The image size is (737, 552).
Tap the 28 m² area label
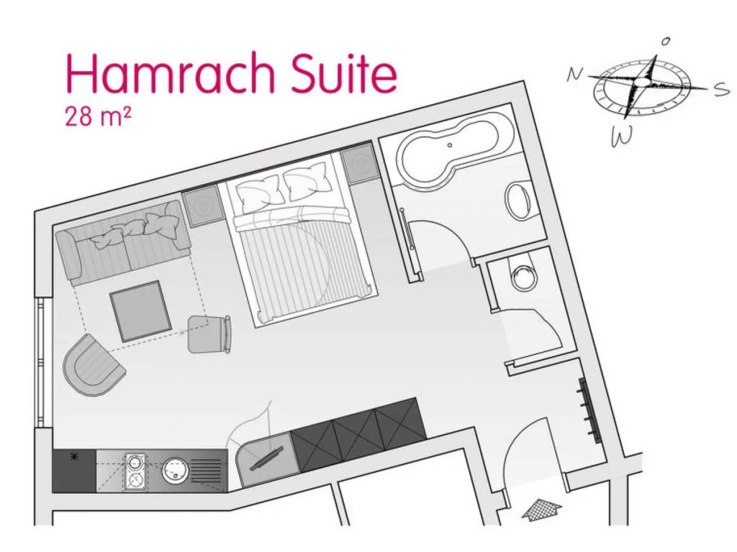(98, 116)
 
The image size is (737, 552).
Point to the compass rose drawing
(642, 88)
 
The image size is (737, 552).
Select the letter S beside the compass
(720, 89)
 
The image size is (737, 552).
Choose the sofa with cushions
(124, 241)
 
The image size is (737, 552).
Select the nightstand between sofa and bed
(202, 206)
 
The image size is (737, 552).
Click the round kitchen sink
(175, 471)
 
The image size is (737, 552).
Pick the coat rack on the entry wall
(590, 410)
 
